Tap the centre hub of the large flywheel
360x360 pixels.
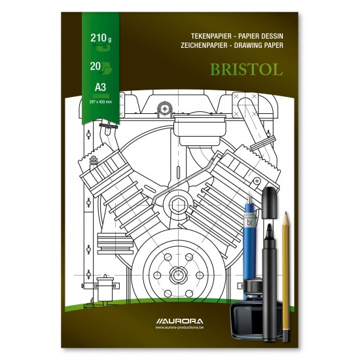[177, 270]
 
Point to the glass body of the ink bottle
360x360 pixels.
[258, 311]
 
